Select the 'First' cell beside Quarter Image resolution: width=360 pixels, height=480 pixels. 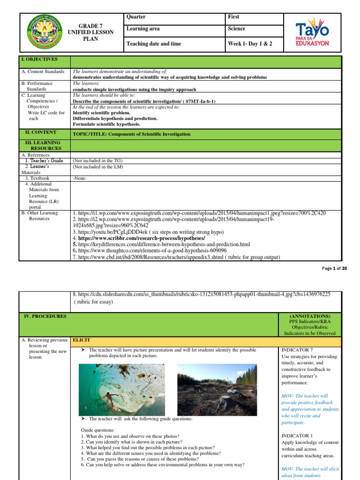tap(233, 17)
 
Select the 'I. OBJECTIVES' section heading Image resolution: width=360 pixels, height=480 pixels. tap(42, 60)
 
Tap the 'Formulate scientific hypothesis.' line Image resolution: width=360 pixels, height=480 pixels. tap(106, 124)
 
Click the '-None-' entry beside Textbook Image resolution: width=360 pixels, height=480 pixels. tap(80, 178)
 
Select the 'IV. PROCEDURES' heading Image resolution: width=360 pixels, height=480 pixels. tap(45, 316)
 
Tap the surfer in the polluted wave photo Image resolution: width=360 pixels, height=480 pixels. tap(109, 397)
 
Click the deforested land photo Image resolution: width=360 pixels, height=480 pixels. tap(217, 390)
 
